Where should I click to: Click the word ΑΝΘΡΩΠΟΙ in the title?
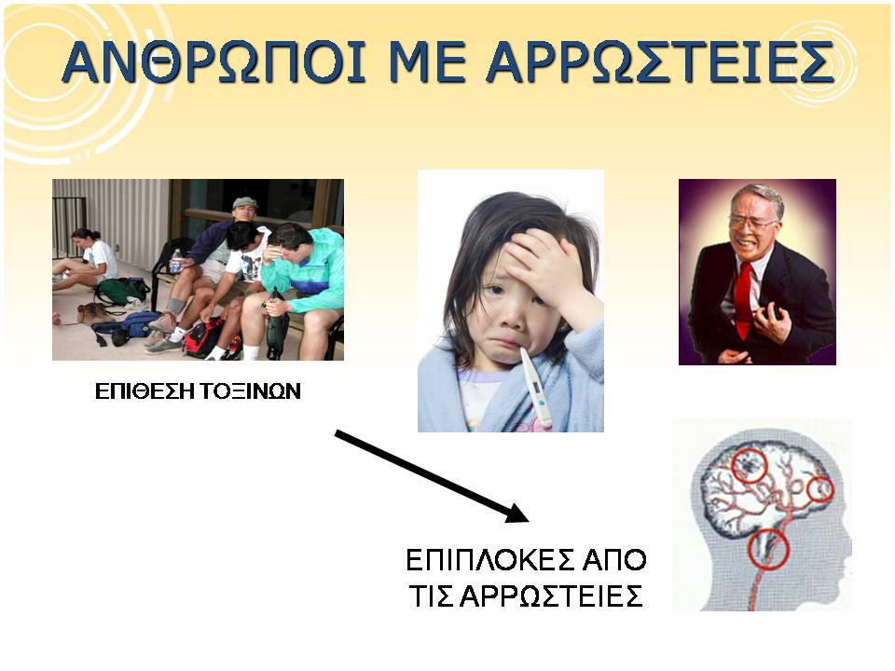(x=213, y=62)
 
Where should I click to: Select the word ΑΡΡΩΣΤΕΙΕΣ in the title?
(x=661, y=62)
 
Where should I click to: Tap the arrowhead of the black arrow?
(x=516, y=513)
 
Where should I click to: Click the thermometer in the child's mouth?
(x=537, y=386)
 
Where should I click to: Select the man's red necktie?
(x=743, y=298)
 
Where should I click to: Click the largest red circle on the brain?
(x=749, y=466)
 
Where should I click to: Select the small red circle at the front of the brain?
(x=820, y=489)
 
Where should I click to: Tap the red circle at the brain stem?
(x=768, y=549)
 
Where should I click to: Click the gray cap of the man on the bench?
(x=244, y=202)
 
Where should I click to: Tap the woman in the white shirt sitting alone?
(x=89, y=260)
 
